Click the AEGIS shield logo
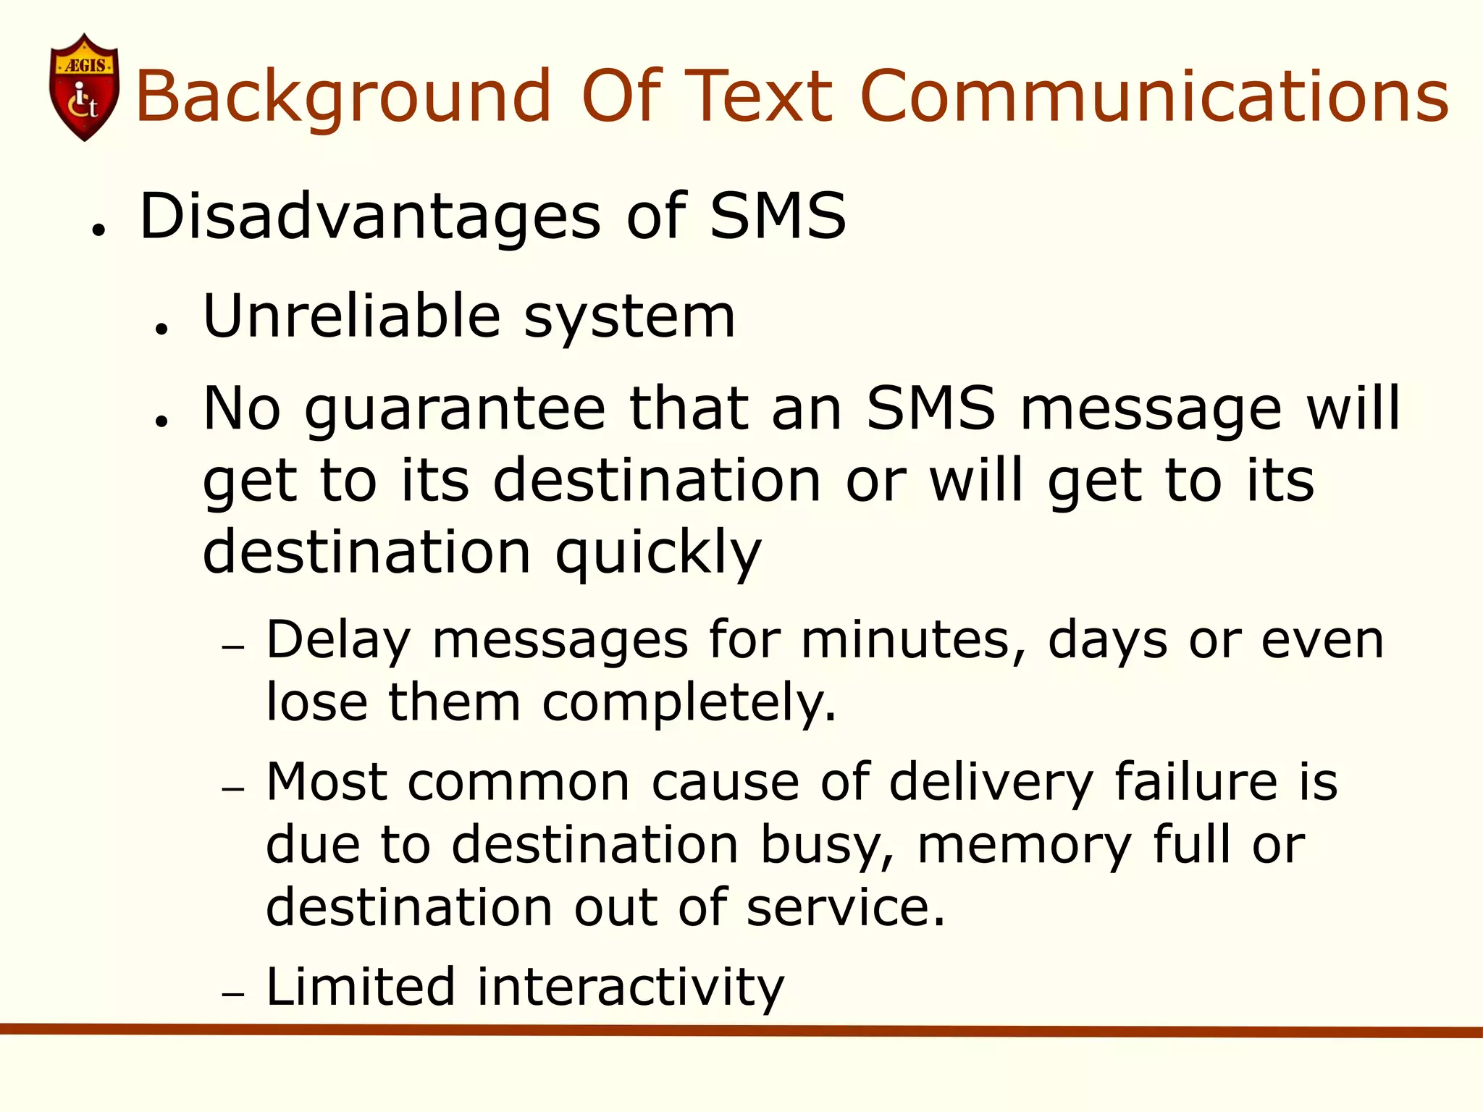84,87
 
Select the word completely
689,703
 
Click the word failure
1196,782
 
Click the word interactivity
630,987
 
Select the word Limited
361,986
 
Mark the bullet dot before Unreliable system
161,329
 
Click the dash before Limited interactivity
233,995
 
